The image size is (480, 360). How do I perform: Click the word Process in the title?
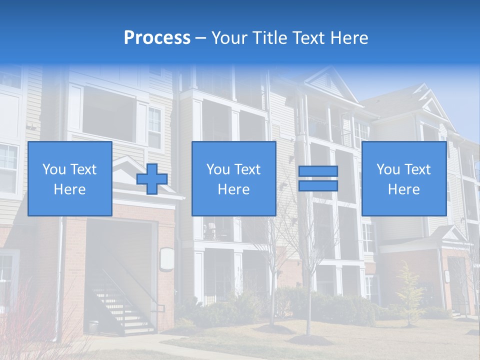[x=157, y=38]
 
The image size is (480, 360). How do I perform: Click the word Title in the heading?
[x=269, y=38]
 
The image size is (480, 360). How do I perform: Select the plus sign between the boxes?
[x=152, y=179]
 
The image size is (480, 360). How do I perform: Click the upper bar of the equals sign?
[x=318, y=171]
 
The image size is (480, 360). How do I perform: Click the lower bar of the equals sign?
[x=318, y=185]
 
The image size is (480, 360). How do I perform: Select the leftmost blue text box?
[x=70, y=179]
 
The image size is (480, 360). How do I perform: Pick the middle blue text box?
[x=234, y=179]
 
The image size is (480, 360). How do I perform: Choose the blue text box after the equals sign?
[x=404, y=179]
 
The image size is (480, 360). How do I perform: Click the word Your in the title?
[x=229, y=38]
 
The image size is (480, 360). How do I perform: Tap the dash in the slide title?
[x=201, y=38]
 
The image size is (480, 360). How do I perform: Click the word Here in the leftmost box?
[x=70, y=189]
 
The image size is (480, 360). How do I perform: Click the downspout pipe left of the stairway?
[x=60, y=280]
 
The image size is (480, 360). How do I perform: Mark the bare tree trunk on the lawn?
[x=308, y=310]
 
